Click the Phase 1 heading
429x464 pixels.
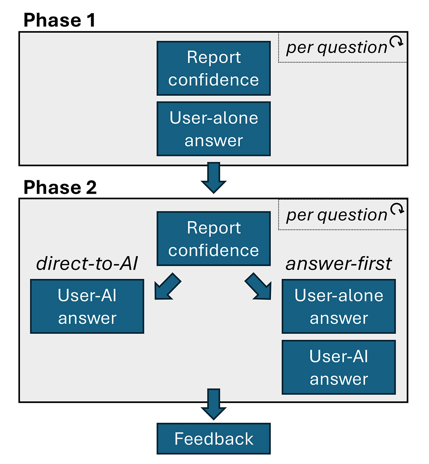59,20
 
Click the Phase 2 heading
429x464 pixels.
60,187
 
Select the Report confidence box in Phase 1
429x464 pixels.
213,68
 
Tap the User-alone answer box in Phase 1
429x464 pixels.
213,129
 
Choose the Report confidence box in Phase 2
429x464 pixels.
213,239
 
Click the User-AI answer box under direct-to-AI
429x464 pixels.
87,306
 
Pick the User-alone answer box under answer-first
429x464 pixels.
339,306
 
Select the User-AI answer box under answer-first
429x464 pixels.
339,367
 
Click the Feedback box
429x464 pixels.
213,439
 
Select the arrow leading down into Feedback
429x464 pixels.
213,404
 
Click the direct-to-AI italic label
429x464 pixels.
87,264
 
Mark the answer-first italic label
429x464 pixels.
339,264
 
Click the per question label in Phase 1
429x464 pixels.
336,48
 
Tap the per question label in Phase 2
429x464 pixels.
336,215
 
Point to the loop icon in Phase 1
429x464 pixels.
396,42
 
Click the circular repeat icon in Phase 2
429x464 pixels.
397,209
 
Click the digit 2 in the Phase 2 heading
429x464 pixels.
91,187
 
